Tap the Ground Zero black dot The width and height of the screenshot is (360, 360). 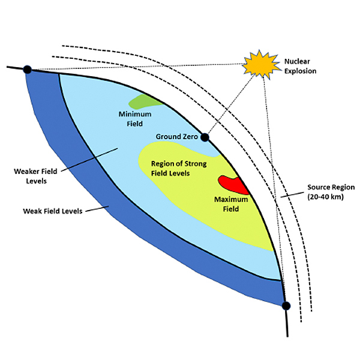[205, 138]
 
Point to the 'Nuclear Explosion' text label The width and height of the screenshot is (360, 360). [301, 66]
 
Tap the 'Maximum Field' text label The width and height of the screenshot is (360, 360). [226, 203]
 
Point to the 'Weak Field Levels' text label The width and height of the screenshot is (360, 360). [52, 211]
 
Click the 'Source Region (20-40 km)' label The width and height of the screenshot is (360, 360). [330, 192]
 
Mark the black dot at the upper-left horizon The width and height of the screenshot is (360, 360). [27, 70]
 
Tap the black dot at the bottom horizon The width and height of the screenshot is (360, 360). [286, 305]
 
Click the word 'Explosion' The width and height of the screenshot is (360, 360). [301, 71]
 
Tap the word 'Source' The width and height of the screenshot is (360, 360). [319, 187]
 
